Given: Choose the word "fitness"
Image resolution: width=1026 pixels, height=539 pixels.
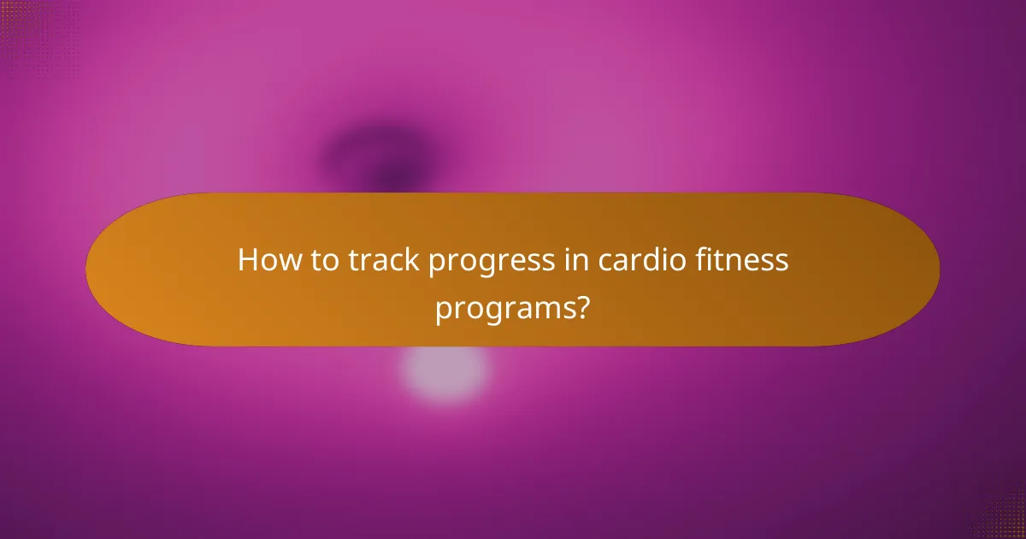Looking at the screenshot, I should tap(745, 260).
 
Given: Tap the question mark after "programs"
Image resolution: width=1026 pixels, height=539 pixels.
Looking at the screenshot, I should tap(582, 305).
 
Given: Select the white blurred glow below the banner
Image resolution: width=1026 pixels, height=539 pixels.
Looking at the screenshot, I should tap(445, 373).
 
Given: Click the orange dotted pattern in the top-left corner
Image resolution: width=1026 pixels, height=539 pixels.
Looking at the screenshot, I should tap(26, 26).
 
